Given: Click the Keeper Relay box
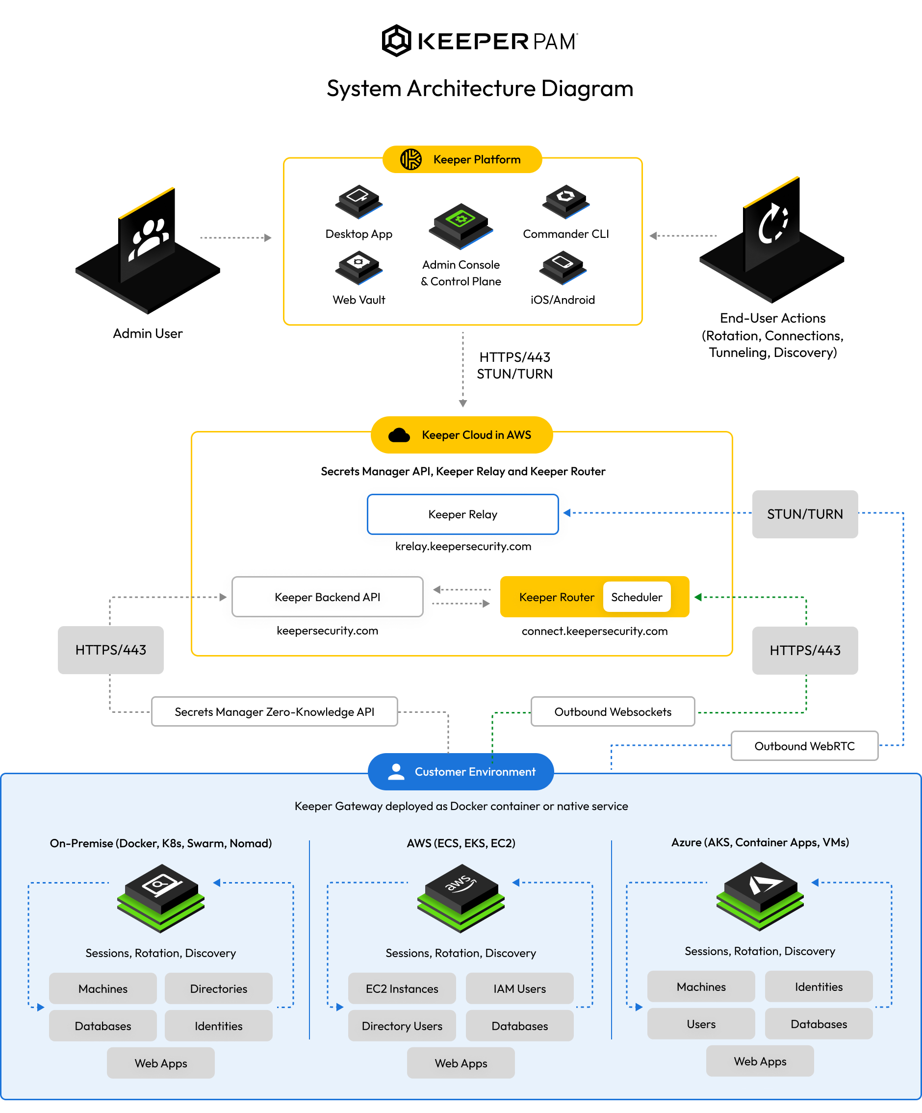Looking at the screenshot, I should (462, 514).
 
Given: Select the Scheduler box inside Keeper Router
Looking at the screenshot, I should (636, 597).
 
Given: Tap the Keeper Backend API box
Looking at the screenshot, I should (327, 597).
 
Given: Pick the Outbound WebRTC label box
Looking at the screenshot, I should (804, 746).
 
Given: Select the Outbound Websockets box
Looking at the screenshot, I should (613, 711).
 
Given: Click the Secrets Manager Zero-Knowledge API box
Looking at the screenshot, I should (274, 711).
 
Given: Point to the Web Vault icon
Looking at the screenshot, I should (359, 267).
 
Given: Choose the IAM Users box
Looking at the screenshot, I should (519, 988).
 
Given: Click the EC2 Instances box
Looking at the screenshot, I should (401, 988).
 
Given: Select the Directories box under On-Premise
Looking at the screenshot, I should (218, 988).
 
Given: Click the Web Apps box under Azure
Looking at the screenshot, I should (759, 1061).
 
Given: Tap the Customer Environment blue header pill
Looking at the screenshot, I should (460, 771).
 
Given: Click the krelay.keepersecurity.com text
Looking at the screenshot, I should (463, 546).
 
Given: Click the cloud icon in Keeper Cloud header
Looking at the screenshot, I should (399, 435).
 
